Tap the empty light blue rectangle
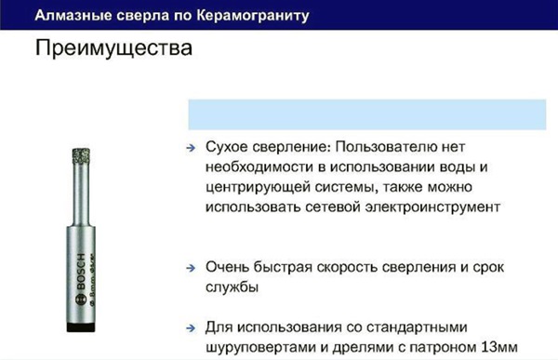tap(368, 114)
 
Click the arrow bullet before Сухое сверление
tap(189, 148)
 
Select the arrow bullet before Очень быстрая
tap(189, 269)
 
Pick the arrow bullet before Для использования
tap(189, 328)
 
